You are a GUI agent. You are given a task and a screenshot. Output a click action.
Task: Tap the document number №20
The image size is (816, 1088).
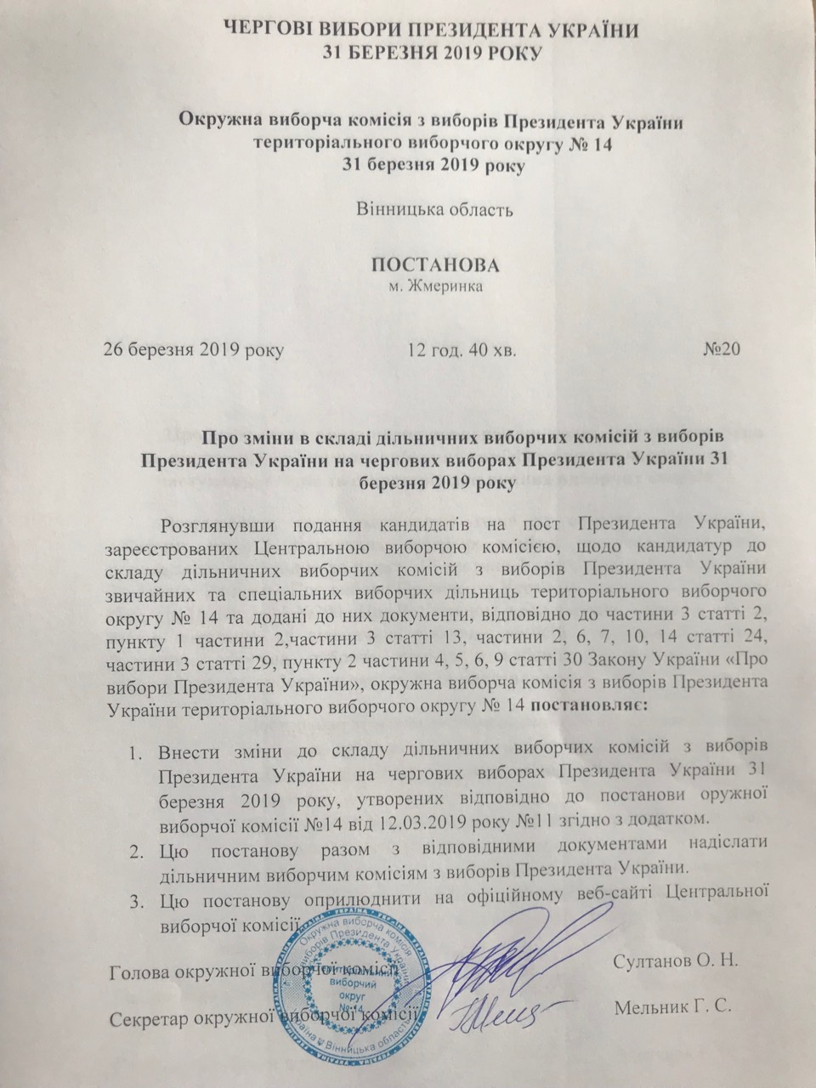(x=723, y=349)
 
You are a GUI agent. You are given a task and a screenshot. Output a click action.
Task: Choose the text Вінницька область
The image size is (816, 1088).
(x=432, y=209)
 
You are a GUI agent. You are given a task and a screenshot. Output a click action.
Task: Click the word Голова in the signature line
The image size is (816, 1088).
(x=143, y=972)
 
